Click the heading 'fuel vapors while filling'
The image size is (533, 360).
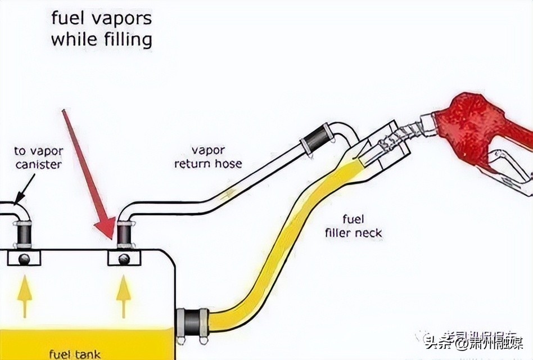coord(101,29)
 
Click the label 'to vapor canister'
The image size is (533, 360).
coord(38,158)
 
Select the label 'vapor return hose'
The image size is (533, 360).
coord(208,157)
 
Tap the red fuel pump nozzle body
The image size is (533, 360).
coord(472,127)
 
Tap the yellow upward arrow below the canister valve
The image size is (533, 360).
coord(24,298)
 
